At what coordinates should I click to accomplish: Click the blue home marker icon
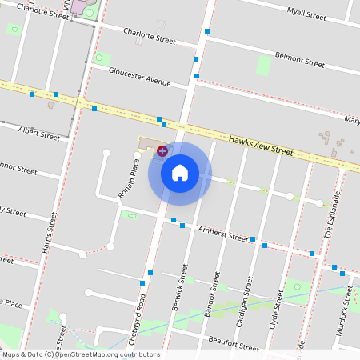tap(179, 172)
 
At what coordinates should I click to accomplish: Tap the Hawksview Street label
tap(262, 144)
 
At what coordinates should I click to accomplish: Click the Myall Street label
tap(307, 14)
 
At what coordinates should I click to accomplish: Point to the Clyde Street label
tap(277, 310)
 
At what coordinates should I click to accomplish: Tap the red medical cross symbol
tap(162, 150)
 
